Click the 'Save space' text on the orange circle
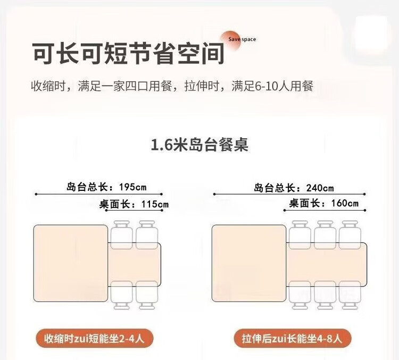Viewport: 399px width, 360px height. point(242,39)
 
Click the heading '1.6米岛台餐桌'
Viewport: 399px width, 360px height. point(199,145)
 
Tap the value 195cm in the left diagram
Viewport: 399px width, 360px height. point(133,187)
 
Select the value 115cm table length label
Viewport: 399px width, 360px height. point(155,204)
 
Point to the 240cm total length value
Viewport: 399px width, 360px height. point(320,188)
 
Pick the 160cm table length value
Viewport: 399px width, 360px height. point(345,203)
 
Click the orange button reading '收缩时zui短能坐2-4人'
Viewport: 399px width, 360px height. point(94,338)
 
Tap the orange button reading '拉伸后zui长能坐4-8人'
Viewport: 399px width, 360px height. point(293,338)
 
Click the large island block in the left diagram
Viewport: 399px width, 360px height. point(71,263)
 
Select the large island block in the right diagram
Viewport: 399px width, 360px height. point(249,263)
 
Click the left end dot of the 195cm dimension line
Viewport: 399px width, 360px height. point(36,194)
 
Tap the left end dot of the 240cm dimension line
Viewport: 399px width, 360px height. point(214,194)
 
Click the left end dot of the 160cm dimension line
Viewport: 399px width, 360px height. point(285,211)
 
